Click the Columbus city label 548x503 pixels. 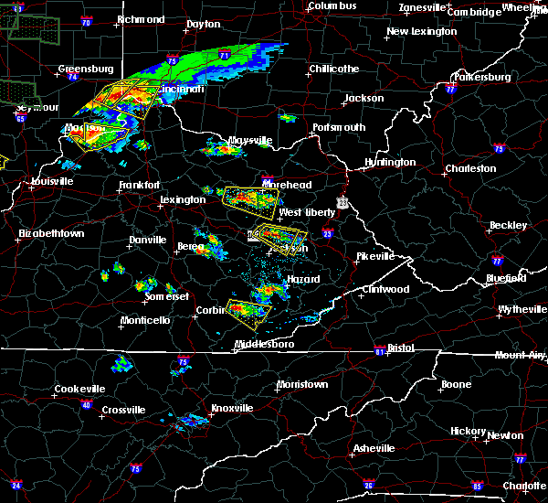coord(332,6)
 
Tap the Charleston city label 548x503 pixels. coord(470,168)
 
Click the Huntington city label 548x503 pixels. coord(390,163)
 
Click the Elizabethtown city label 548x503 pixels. coord(51,234)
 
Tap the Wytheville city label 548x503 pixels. coord(523,310)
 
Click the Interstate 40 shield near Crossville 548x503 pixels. coord(87,404)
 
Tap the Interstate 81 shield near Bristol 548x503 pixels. coord(377,351)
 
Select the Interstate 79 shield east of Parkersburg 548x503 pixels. coord(499,148)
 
